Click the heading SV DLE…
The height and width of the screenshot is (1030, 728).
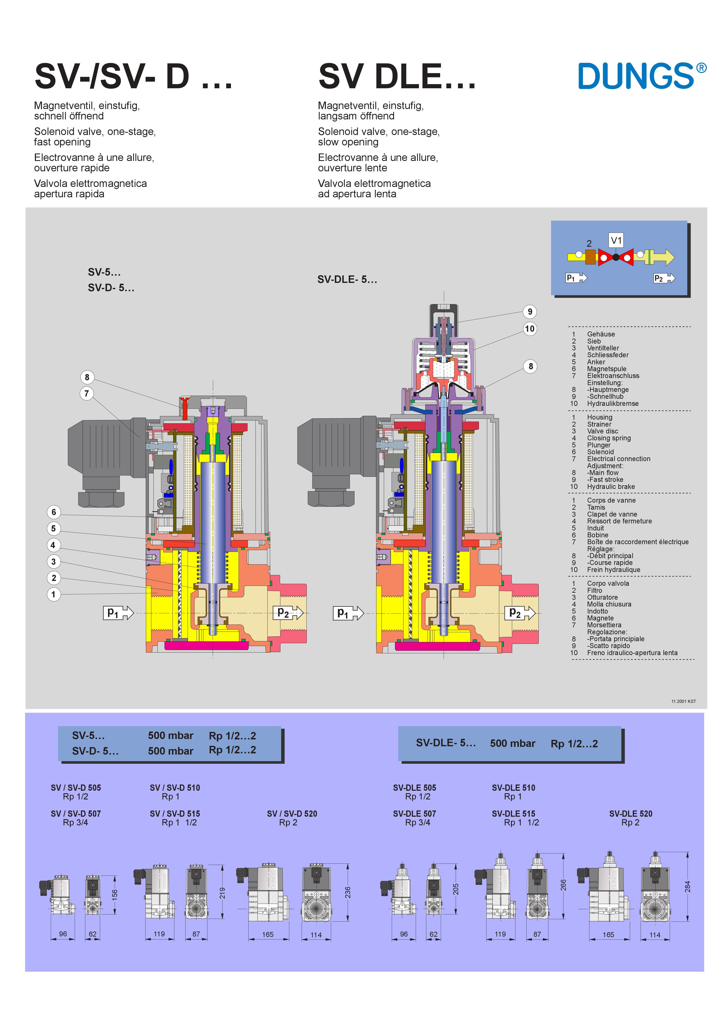coord(397,76)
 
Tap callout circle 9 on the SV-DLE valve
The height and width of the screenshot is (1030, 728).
coord(530,312)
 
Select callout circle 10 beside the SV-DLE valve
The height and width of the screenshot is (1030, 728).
coord(530,329)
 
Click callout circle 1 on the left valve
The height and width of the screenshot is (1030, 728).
coord(54,594)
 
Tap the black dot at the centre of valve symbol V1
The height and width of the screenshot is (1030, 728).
coord(616,257)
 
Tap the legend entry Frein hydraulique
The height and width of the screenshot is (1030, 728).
coord(613,570)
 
